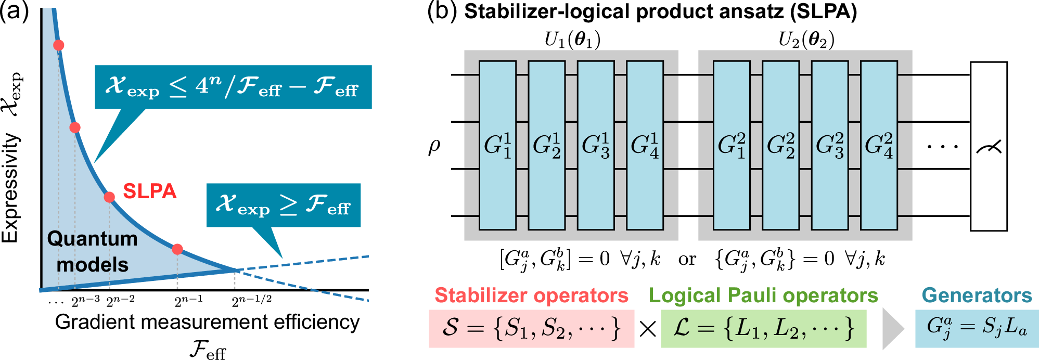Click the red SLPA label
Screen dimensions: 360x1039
(x=149, y=191)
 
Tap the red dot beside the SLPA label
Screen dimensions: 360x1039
(x=109, y=197)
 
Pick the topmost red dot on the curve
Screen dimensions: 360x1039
(x=59, y=45)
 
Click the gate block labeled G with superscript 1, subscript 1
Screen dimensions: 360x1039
(x=497, y=145)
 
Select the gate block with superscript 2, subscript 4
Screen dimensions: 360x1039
(x=879, y=145)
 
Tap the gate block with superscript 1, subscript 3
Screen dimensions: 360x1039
(x=596, y=145)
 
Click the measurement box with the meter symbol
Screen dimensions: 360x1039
(x=989, y=146)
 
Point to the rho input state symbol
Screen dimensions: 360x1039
(x=434, y=147)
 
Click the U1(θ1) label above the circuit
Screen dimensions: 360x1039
(x=572, y=40)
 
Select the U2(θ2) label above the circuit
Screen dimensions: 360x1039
(x=806, y=40)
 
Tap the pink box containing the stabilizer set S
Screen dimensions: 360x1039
(x=531, y=328)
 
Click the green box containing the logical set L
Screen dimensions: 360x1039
(x=763, y=328)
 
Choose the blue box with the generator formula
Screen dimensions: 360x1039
(x=977, y=328)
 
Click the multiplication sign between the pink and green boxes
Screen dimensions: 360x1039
(x=648, y=329)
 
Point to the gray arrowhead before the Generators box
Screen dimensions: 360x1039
(x=893, y=329)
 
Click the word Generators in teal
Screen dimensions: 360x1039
(x=977, y=295)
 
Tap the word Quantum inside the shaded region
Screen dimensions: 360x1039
(x=93, y=239)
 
